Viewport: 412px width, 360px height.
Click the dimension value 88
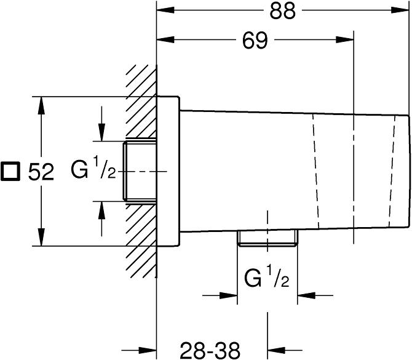pos(283,11)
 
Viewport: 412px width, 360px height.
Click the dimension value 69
pos(255,41)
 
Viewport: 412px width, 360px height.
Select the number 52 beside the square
pos(41,172)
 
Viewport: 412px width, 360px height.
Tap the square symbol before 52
pos(10,171)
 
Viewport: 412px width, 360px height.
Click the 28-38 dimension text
pos(210,351)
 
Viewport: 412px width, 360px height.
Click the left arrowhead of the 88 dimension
pos(165,10)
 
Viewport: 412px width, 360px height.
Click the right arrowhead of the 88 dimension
pos(400,10)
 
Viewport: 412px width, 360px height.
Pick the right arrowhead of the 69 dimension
pos(345,40)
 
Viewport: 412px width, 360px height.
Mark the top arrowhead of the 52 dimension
pos(41,106)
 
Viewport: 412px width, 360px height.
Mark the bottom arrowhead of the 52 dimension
pos(41,237)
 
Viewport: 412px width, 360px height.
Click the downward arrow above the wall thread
pos(101,124)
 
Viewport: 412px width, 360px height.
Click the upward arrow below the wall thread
pos(101,219)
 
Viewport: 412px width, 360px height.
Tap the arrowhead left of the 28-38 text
pos(148,350)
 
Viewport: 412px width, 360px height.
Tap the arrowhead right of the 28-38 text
pos(277,350)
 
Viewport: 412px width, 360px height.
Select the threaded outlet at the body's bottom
pos(267,238)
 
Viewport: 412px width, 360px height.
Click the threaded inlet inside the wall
pos(140,172)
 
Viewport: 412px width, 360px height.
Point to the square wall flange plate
pos(168,172)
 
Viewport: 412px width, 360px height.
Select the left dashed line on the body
pos(316,171)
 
